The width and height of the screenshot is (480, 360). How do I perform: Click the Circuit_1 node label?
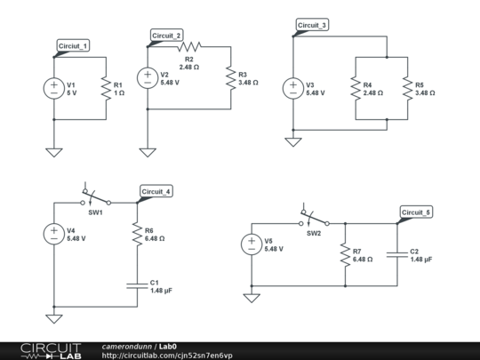coord(73,44)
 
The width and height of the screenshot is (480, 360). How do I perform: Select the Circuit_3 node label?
coord(312,26)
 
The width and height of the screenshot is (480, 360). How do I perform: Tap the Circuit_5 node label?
coord(415,212)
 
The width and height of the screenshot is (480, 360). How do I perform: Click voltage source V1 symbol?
coord(54,88)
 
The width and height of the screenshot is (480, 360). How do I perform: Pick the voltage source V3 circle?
coord(292,88)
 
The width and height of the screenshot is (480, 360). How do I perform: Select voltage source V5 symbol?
coord(252,244)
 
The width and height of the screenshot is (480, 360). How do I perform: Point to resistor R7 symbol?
coord(343,254)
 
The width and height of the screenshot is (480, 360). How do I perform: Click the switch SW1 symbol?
coord(94,196)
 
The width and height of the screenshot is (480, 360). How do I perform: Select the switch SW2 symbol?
coord(313,217)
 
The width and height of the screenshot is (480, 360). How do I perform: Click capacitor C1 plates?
coord(138,285)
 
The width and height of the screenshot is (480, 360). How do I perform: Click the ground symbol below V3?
coord(292,140)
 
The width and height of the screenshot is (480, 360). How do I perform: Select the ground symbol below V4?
coord(54,317)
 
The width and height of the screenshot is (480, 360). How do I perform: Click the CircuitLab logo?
coord(51,349)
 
